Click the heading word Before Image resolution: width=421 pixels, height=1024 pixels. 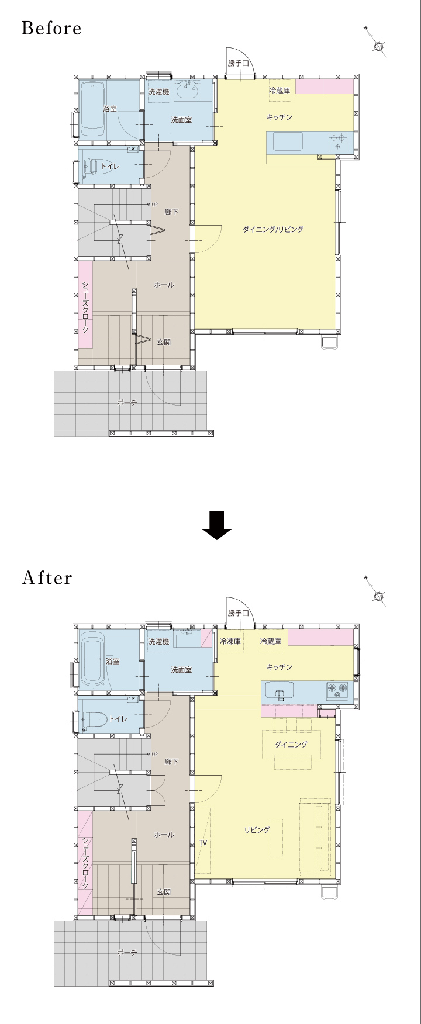tap(51, 28)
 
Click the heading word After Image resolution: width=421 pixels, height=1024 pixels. tap(47, 578)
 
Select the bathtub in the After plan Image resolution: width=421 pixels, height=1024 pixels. tap(92, 659)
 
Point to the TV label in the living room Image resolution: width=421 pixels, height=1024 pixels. tap(203, 843)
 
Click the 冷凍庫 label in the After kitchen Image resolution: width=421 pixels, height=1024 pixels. tap(230, 641)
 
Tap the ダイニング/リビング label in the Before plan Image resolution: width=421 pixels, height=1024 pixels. tap(273, 230)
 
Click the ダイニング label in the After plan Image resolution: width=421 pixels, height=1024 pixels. tap(291, 744)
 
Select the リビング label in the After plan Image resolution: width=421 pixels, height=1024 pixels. tap(257, 830)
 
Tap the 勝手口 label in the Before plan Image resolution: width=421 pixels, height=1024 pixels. tap(239, 63)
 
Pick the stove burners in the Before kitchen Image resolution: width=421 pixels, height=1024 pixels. tap(337, 142)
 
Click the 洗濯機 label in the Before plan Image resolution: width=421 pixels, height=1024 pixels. tap(158, 92)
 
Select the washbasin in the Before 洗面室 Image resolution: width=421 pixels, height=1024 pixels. tap(188, 91)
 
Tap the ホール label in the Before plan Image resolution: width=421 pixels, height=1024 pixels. tap(164, 285)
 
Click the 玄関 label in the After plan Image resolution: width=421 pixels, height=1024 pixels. tap(164, 892)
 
